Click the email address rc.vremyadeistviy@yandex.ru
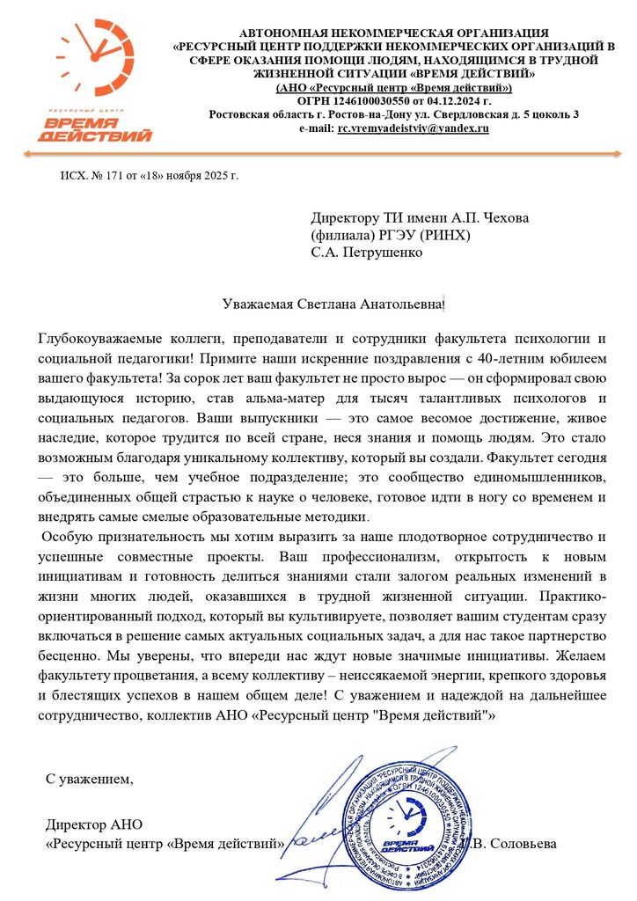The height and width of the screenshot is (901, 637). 414,128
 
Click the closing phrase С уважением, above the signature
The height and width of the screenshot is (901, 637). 90,779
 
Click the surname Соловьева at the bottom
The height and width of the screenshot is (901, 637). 518,843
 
